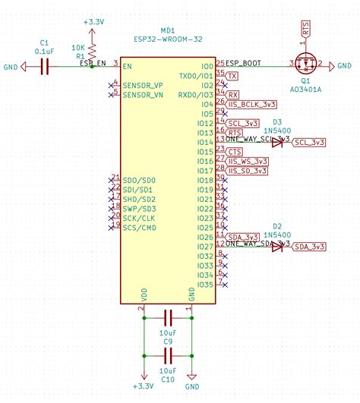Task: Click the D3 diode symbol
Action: [x=277, y=142]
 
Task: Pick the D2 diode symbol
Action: [x=277, y=247]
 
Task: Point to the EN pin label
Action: [x=128, y=66]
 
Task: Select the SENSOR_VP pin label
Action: [x=142, y=85]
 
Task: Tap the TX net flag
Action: [x=232, y=77]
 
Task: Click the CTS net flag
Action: [x=235, y=152]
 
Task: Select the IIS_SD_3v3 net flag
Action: [x=246, y=171]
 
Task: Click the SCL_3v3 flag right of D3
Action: [x=310, y=142]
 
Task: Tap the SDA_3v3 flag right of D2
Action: [x=310, y=247]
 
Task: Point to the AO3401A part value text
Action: [x=307, y=88]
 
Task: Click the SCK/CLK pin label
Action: [x=139, y=218]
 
